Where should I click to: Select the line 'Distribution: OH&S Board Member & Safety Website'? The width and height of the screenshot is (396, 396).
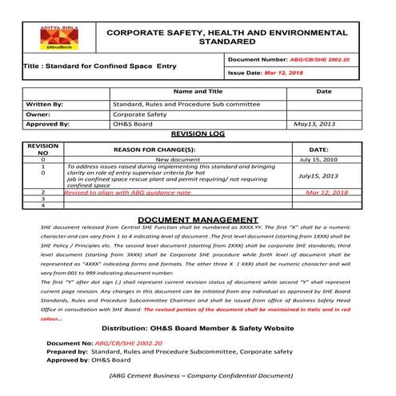click(197, 329)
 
